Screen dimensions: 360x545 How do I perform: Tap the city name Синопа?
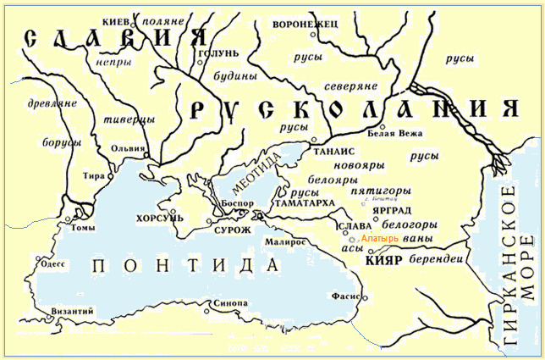click(x=231, y=303)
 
